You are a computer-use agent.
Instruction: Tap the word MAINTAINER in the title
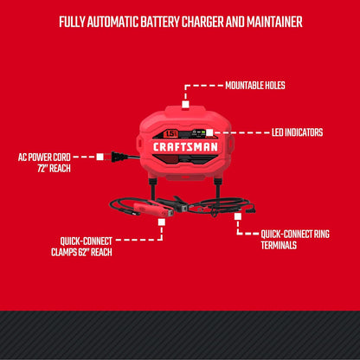pyautogui.click(x=274, y=22)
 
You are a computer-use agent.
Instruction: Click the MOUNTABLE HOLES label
pyautogui.click(x=255, y=86)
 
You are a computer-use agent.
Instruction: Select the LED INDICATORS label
pyautogui.click(x=297, y=132)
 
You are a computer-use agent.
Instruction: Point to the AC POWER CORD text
pyautogui.click(x=44, y=157)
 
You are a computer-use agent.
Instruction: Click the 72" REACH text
pyautogui.click(x=54, y=169)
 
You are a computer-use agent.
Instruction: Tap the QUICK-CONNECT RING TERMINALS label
pyautogui.click(x=295, y=240)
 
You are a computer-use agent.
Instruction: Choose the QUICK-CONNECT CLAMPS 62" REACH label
pyautogui.click(x=81, y=247)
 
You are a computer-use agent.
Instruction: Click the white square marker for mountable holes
pyautogui.click(x=185, y=104)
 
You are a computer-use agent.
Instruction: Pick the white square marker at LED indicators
pyautogui.click(x=209, y=132)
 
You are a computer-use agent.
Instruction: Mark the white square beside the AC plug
pyautogui.click(x=100, y=157)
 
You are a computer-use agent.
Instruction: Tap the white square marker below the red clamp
pyautogui.click(x=162, y=222)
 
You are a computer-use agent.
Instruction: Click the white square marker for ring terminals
pyautogui.click(x=237, y=216)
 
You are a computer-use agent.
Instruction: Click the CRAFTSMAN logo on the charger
pyautogui.click(x=185, y=147)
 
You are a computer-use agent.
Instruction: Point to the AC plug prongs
pyautogui.click(x=108, y=157)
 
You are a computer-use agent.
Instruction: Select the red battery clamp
pyautogui.click(x=153, y=209)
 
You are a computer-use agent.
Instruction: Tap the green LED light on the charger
pyautogui.click(x=203, y=132)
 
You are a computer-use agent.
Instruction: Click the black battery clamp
pyautogui.click(x=173, y=202)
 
